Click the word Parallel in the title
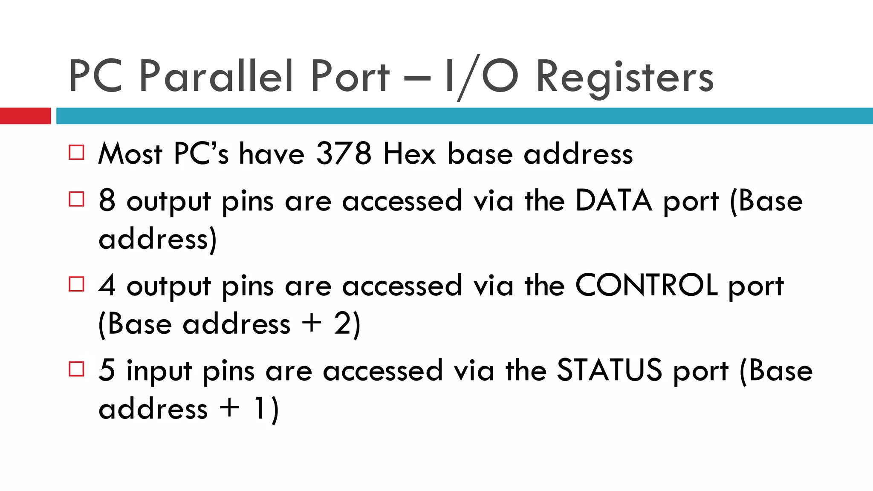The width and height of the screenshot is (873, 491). click(x=216, y=77)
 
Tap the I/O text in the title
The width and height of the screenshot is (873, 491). click(x=481, y=77)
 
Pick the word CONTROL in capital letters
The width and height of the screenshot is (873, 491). click(x=647, y=285)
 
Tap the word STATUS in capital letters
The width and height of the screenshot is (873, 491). click(x=610, y=370)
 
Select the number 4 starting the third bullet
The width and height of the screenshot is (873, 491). click(x=107, y=285)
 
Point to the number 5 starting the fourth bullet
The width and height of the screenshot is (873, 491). click(x=107, y=370)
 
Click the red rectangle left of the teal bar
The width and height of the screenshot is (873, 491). click(x=25, y=116)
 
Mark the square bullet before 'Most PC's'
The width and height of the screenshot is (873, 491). click(x=77, y=153)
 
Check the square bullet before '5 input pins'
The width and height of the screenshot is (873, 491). click(x=77, y=369)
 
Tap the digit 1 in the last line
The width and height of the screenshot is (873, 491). click(x=259, y=408)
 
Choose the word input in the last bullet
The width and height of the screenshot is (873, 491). click(x=159, y=371)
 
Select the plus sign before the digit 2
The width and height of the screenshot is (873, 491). click(x=312, y=323)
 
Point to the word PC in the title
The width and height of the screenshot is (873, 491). click(x=96, y=77)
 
